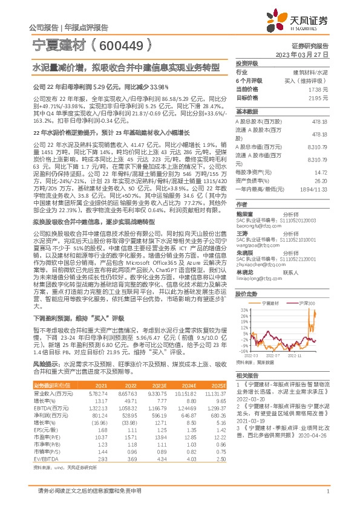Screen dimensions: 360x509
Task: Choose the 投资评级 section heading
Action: click(247, 63)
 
